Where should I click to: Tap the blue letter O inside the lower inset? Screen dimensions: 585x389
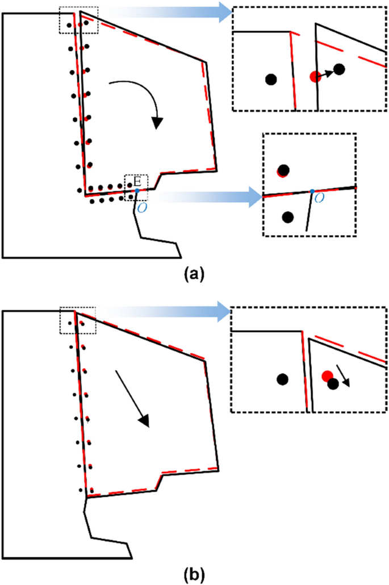[x=319, y=197]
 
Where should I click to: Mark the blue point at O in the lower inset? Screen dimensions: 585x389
[x=312, y=191]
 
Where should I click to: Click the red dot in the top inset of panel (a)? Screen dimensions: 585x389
[x=314, y=77]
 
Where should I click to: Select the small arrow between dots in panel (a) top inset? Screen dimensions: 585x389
[x=327, y=73]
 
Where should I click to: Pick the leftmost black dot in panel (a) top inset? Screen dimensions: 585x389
[x=271, y=80]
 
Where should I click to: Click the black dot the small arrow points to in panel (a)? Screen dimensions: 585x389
[x=339, y=69]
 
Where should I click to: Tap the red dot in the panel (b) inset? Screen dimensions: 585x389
[x=326, y=376]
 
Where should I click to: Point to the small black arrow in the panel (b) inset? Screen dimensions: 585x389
[x=343, y=376]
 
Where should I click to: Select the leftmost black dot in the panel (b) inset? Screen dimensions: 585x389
[x=281, y=379]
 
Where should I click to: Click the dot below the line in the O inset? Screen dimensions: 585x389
[x=287, y=217]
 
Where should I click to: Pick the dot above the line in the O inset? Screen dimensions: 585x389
[x=283, y=170]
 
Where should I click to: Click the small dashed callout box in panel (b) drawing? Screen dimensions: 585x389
[x=77, y=320]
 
